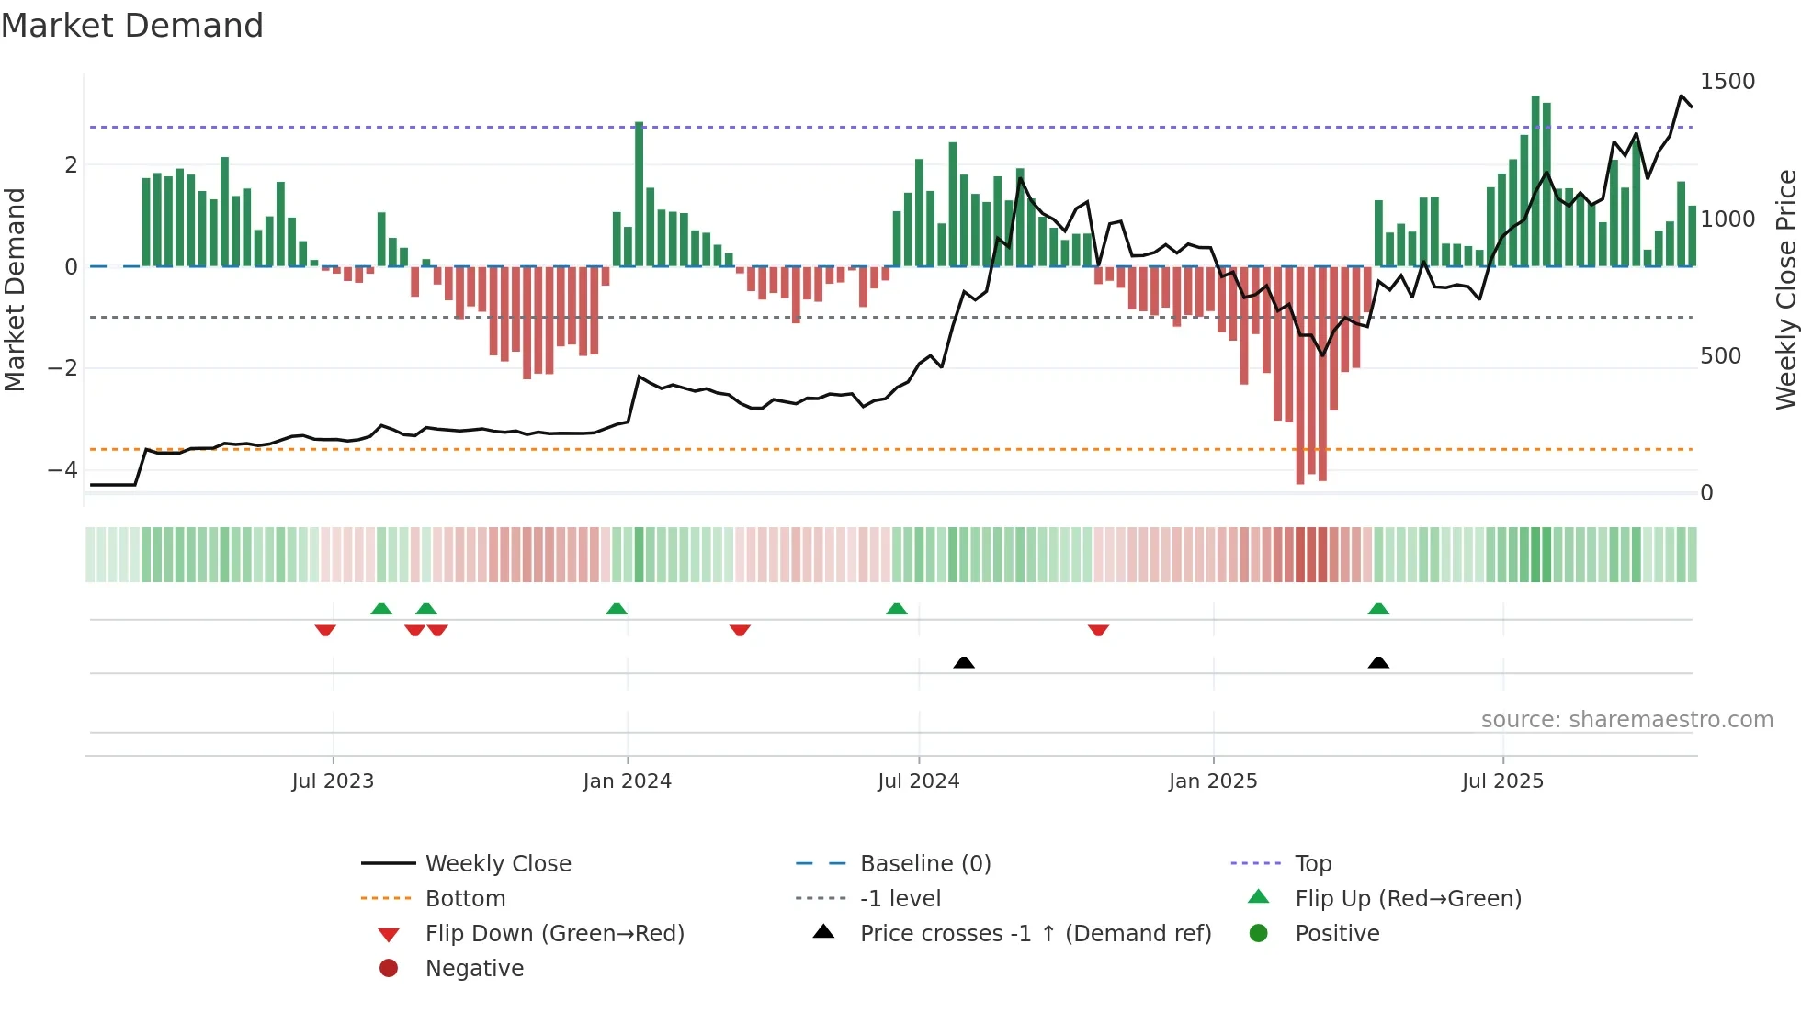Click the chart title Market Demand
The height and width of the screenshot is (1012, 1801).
(x=132, y=26)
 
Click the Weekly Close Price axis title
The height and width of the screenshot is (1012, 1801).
(x=1785, y=289)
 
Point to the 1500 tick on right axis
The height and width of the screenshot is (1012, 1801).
(x=1727, y=82)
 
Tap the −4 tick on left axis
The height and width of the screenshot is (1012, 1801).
(x=62, y=470)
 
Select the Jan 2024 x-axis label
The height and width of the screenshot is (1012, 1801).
(x=627, y=781)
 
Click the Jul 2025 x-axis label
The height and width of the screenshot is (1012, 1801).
(x=1502, y=781)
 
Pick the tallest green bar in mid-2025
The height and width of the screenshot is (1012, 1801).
(x=1535, y=180)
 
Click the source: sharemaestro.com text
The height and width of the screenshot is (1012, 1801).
(x=1626, y=720)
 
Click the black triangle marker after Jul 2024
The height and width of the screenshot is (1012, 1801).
(x=964, y=662)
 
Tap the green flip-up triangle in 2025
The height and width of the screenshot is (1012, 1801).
(x=1378, y=609)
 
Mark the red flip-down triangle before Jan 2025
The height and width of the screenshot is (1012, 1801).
(x=1098, y=630)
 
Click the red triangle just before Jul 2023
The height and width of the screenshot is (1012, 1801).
(x=325, y=630)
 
